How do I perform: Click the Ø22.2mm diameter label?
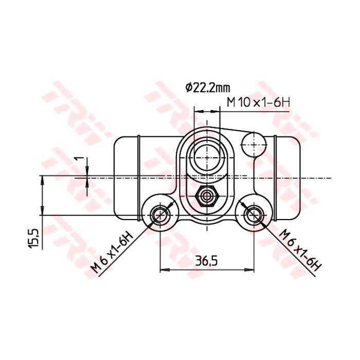click(x=208, y=87)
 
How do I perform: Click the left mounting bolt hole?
click(x=160, y=213)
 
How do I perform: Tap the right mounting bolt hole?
click(x=253, y=213)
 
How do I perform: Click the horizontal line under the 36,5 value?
click(x=207, y=269)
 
